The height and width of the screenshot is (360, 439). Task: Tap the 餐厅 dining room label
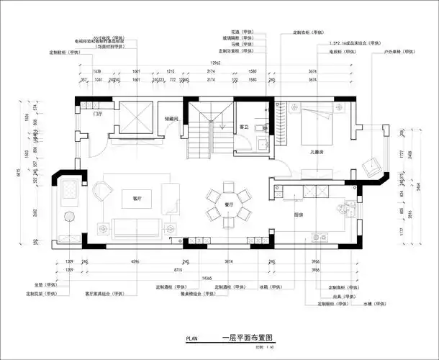pyautogui.click(x=229, y=204)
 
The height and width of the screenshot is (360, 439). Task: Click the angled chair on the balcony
pyautogui.click(x=372, y=164)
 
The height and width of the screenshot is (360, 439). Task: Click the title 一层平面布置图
pyautogui.click(x=243, y=337)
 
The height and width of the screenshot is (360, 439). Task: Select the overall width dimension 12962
pyautogui.click(x=210, y=64)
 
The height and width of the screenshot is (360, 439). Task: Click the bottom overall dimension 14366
pyautogui.click(x=207, y=277)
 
